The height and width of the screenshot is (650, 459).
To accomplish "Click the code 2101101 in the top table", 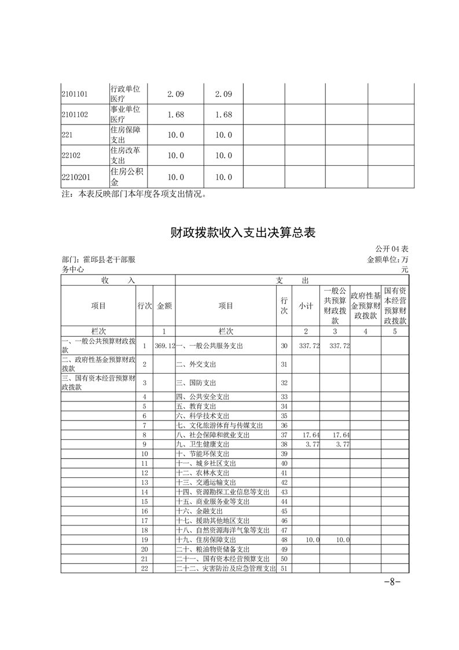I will (x=75, y=94).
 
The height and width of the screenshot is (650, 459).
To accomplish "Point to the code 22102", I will (x=72, y=156).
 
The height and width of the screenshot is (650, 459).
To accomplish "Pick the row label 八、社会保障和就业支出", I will (x=213, y=434).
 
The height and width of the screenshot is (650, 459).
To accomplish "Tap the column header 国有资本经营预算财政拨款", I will (x=395, y=305).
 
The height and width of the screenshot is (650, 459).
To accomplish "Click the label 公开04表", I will (x=392, y=249).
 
